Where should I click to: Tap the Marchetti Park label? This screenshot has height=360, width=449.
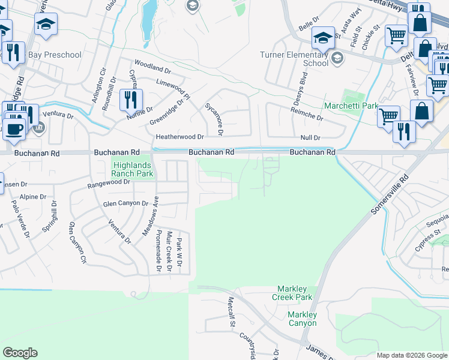(x=351, y=106)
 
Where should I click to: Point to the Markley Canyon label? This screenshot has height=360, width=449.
(x=301, y=319)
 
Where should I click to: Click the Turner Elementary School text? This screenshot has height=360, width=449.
(x=294, y=59)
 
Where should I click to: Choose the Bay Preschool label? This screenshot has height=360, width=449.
(x=55, y=55)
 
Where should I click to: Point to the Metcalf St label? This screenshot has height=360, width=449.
(x=231, y=311)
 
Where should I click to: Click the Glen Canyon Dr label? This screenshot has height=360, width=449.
(x=125, y=203)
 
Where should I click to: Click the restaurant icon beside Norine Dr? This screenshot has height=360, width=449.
(x=130, y=99)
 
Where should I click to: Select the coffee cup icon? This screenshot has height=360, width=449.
(x=14, y=128)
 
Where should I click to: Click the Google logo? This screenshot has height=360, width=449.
(x=20, y=353)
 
